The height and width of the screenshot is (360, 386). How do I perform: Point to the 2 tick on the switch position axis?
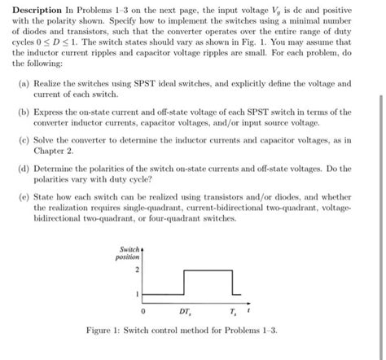tap(138, 269)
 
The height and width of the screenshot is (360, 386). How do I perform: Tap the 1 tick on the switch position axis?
tap(138, 292)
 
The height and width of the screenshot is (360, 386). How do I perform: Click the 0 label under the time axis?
tap(143, 311)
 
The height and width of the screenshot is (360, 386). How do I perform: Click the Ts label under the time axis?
tap(232, 311)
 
